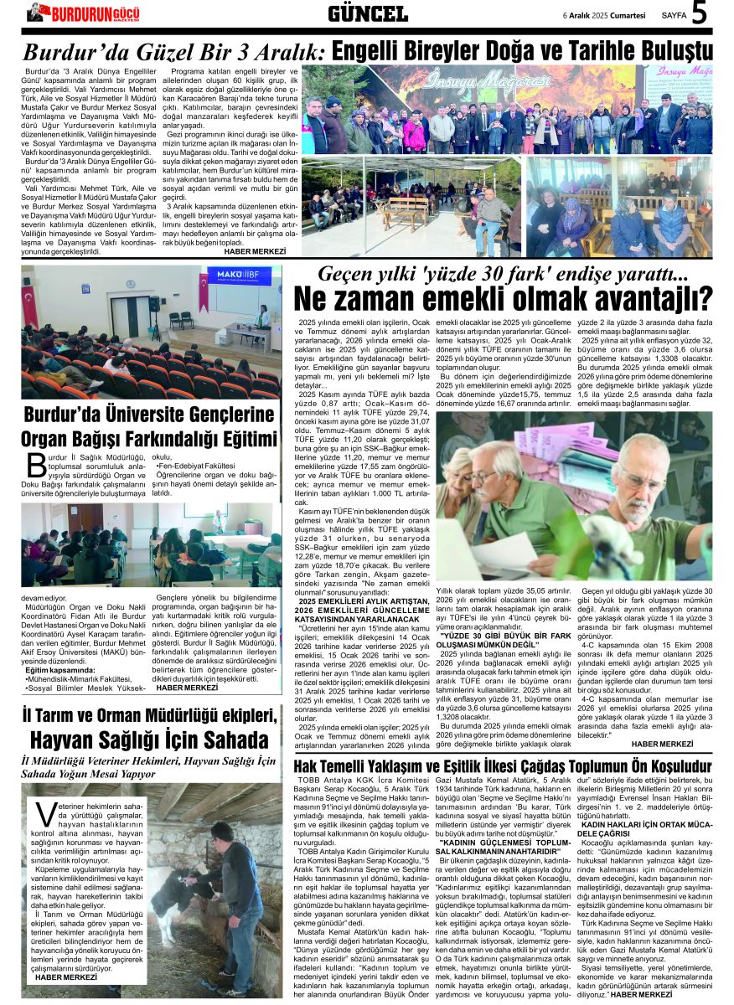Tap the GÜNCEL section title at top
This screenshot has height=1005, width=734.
[367, 13]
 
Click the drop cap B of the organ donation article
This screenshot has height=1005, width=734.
[36, 465]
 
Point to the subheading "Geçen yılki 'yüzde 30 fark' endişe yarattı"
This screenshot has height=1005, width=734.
[502, 274]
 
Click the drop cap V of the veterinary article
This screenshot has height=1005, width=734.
[46, 817]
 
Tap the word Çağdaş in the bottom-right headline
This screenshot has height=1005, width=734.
[574, 766]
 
